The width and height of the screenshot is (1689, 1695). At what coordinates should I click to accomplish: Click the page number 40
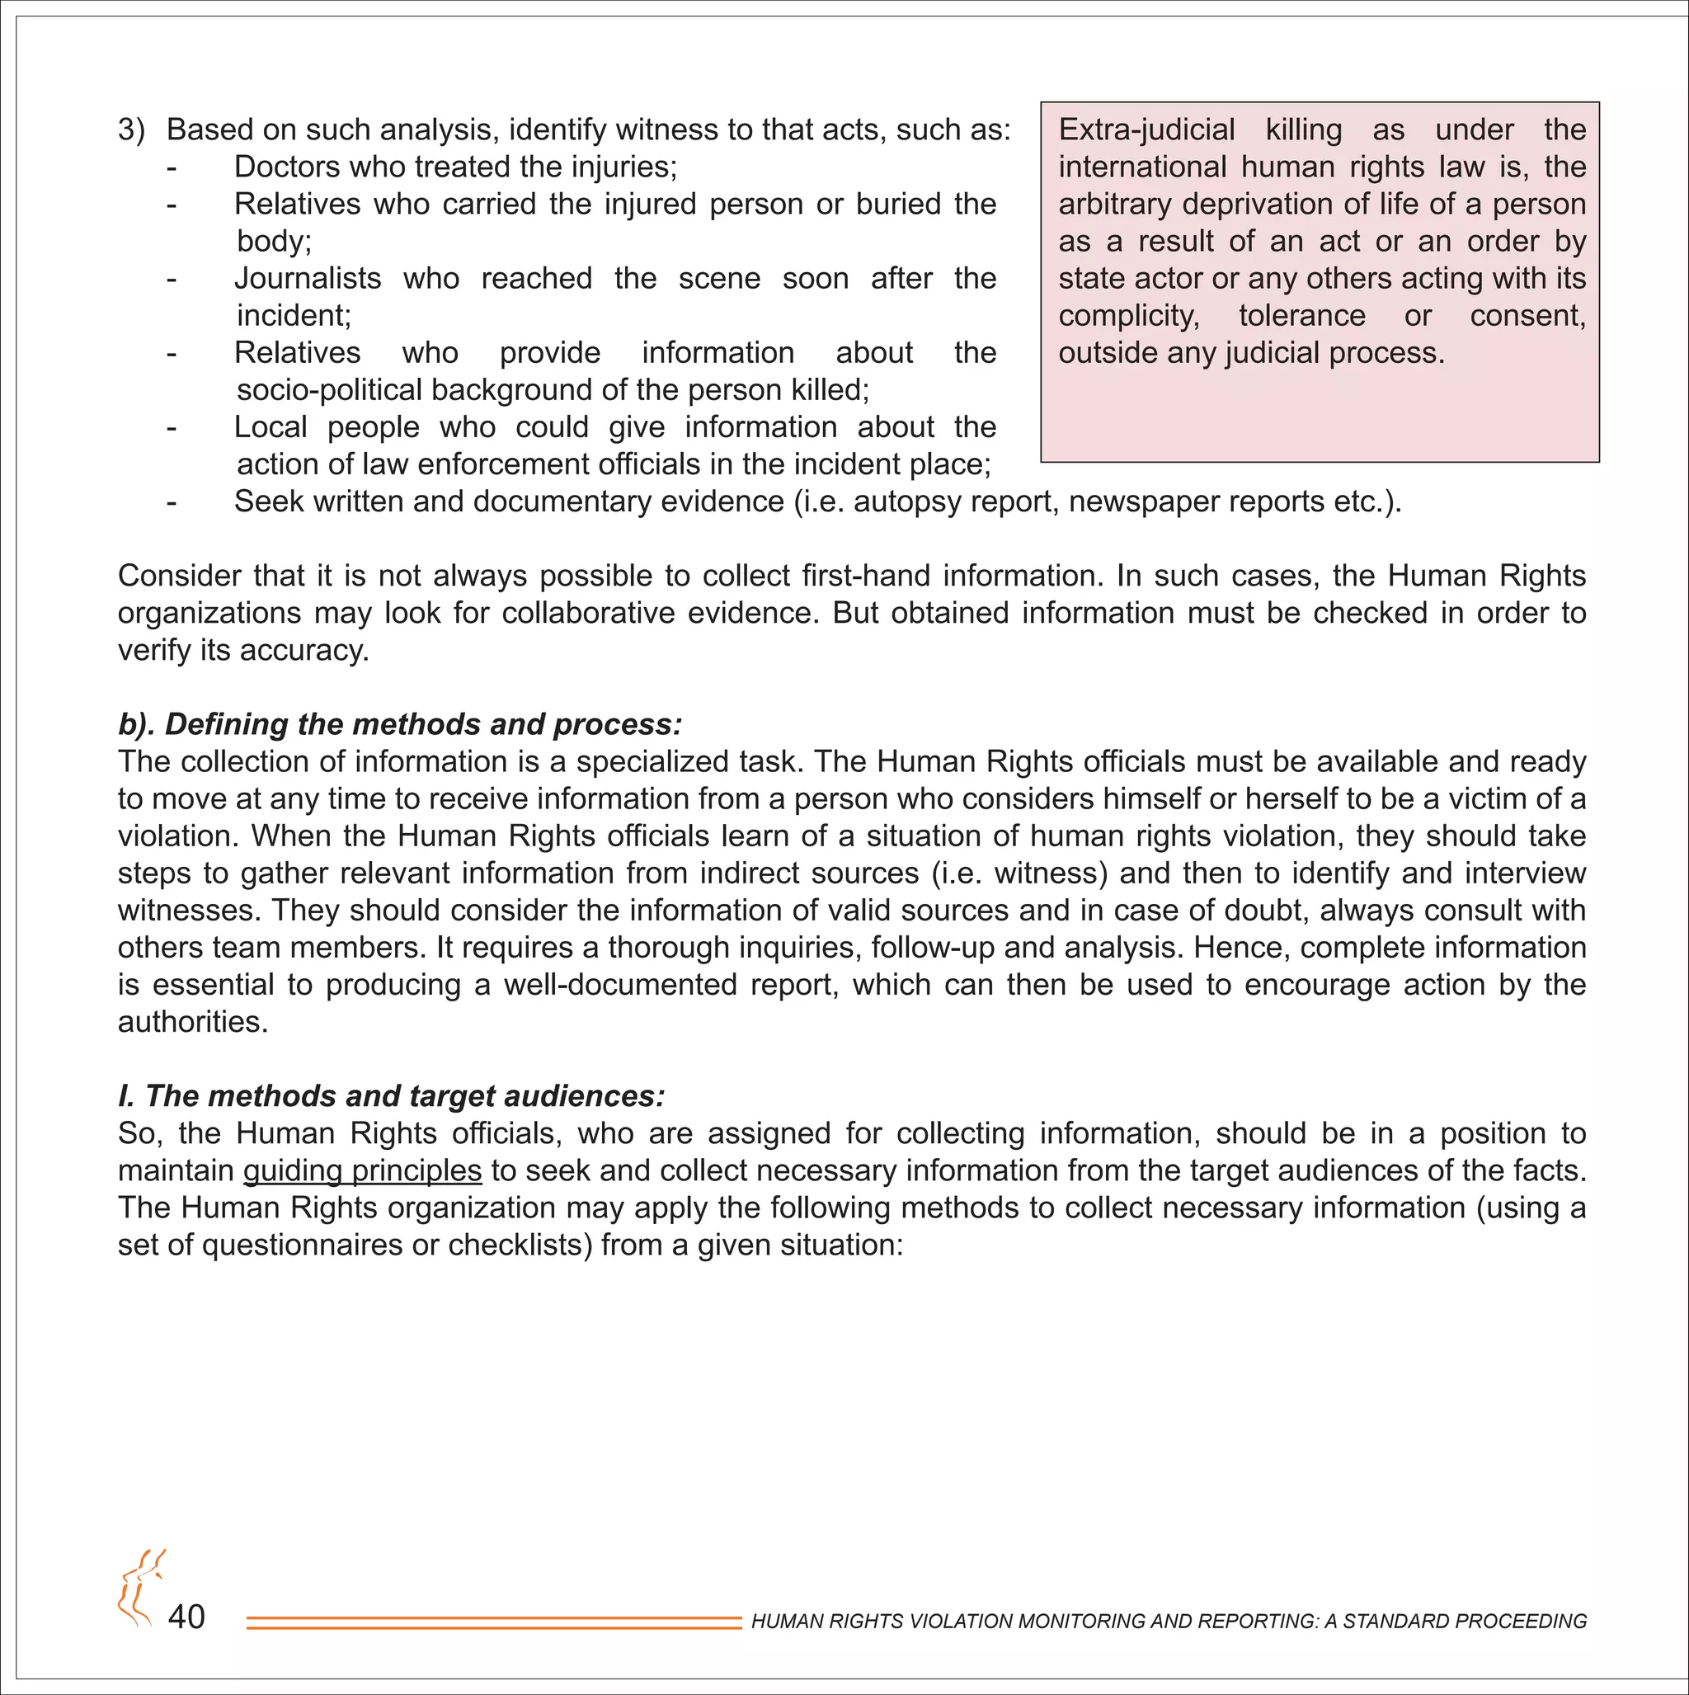click(186, 1617)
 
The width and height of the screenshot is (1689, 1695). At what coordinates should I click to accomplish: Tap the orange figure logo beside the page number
click(140, 1588)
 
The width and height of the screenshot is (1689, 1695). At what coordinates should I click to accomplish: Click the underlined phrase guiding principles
click(362, 1171)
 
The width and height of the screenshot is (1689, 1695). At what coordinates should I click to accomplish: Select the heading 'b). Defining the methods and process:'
click(399, 725)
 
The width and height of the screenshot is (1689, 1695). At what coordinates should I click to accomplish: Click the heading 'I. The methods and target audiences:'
click(391, 1097)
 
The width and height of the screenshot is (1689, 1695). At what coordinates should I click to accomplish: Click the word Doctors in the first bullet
click(288, 167)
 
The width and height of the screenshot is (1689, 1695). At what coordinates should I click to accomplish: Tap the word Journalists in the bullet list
click(307, 278)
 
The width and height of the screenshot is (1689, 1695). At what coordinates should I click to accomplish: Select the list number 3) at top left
click(132, 129)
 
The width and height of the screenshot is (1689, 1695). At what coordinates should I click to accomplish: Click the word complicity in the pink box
click(1128, 316)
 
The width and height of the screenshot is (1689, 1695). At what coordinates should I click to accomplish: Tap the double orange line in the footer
click(494, 1623)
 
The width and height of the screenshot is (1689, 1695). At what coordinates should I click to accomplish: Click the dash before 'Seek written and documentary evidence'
click(172, 502)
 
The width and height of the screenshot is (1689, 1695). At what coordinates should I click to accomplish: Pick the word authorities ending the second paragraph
click(192, 1022)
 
